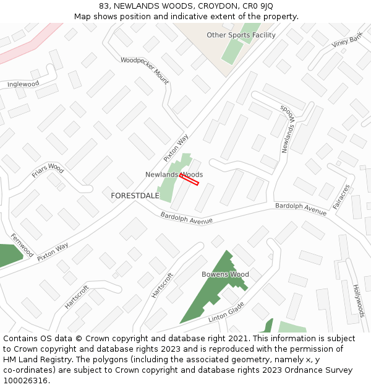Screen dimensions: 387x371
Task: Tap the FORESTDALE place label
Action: (x=135, y=196)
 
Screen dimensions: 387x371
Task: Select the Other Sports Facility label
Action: (x=241, y=35)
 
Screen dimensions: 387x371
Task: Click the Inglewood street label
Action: (x=23, y=84)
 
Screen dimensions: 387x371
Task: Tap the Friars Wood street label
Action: (x=48, y=170)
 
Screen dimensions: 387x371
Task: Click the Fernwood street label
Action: (x=22, y=246)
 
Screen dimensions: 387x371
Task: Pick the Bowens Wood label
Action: (x=225, y=274)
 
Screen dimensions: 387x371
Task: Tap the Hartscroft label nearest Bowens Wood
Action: (x=163, y=285)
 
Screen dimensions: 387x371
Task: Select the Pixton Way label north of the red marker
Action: (x=176, y=149)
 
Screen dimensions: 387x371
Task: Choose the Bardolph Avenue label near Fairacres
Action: (x=301, y=209)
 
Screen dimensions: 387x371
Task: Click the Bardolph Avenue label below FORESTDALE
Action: (x=186, y=218)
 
